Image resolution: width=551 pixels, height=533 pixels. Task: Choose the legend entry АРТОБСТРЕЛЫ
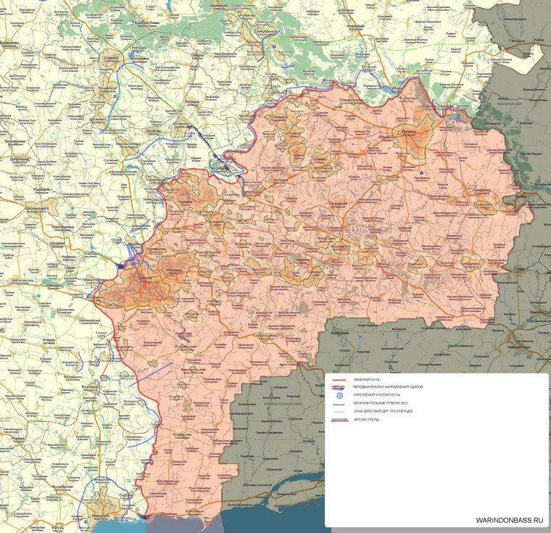tap(367, 420)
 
